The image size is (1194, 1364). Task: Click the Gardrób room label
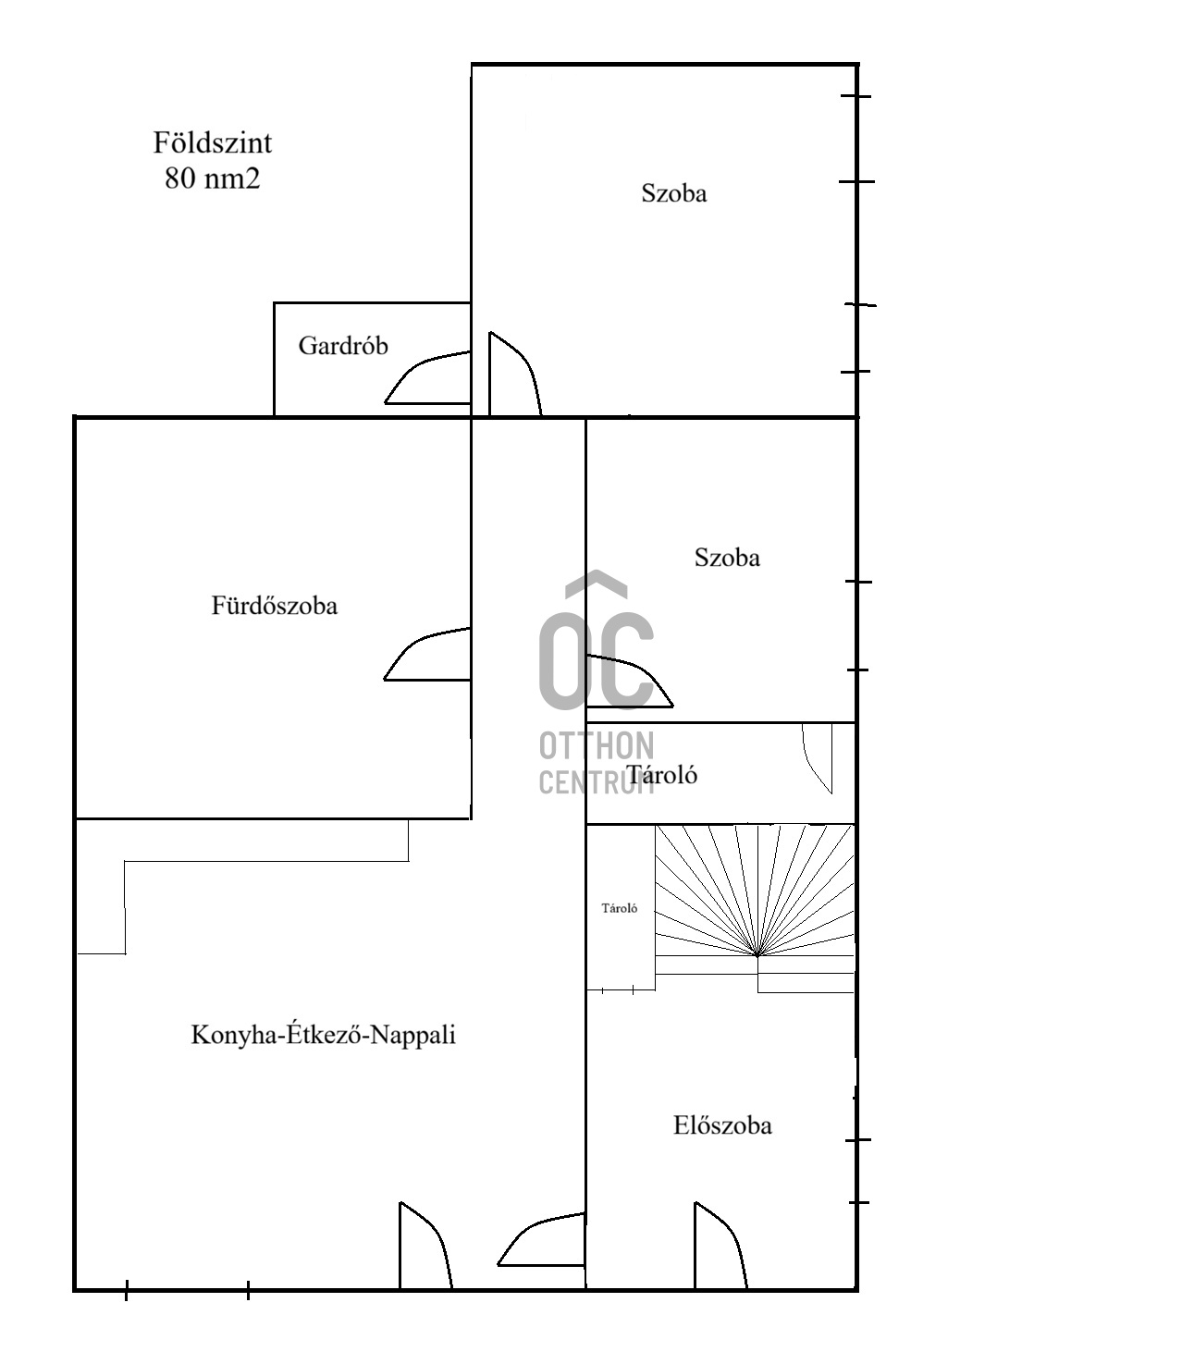click(x=343, y=345)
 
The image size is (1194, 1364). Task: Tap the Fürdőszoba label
click(x=274, y=606)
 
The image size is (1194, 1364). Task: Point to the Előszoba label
click(x=722, y=1126)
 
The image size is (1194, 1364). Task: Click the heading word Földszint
click(x=213, y=142)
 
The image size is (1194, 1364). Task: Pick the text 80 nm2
click(x=213, y=178)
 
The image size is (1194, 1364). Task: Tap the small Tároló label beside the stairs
click(x=620, y=908)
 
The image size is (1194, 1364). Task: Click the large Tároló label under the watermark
click(x=663, y=775)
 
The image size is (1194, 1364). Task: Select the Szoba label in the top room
click(x=674, y=193)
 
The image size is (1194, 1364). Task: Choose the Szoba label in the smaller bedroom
click(x=727, y=558)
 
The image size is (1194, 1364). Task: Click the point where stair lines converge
click(x=757, y=955)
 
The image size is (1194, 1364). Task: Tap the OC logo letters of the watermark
click(x=597, y=642)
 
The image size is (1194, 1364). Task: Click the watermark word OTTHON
click(x=597, y=746)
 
